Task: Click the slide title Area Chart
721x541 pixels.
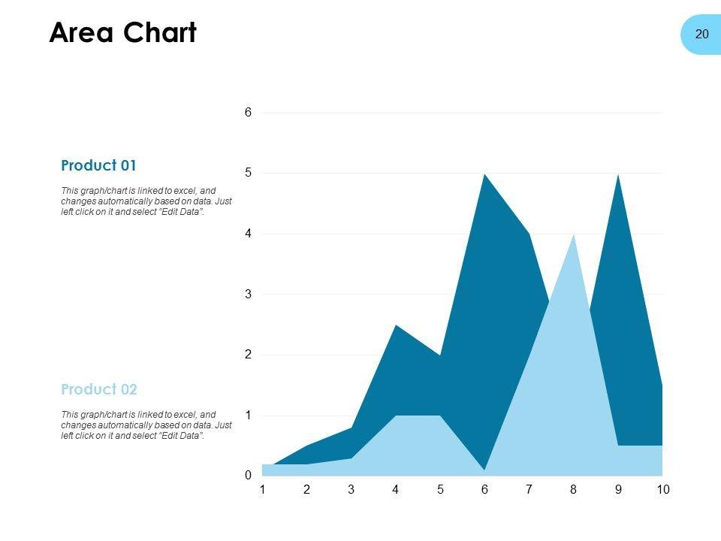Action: point(122,33)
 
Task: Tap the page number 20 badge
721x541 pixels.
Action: point(701,34)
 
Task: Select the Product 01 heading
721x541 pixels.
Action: point(98,165)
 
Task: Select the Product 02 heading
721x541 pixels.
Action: point(99,389)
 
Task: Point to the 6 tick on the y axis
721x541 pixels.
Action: point(248,113)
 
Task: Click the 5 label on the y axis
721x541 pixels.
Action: point(248,174)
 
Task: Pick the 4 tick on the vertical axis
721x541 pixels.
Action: point(248,234)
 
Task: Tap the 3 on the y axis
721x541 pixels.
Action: point(248,295)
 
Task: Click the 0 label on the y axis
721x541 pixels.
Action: point(248,476)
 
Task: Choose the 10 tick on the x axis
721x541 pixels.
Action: point(662,490)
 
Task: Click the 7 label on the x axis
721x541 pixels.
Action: point(529,490)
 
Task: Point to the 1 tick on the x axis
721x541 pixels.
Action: point(262,490)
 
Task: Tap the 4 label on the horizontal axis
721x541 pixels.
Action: point(396,490)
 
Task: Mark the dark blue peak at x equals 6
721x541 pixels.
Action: point(484,176)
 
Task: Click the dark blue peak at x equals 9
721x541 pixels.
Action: point(618,176)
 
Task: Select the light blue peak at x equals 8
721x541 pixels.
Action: point(574,237)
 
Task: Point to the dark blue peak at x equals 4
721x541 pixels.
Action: point(396,327)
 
